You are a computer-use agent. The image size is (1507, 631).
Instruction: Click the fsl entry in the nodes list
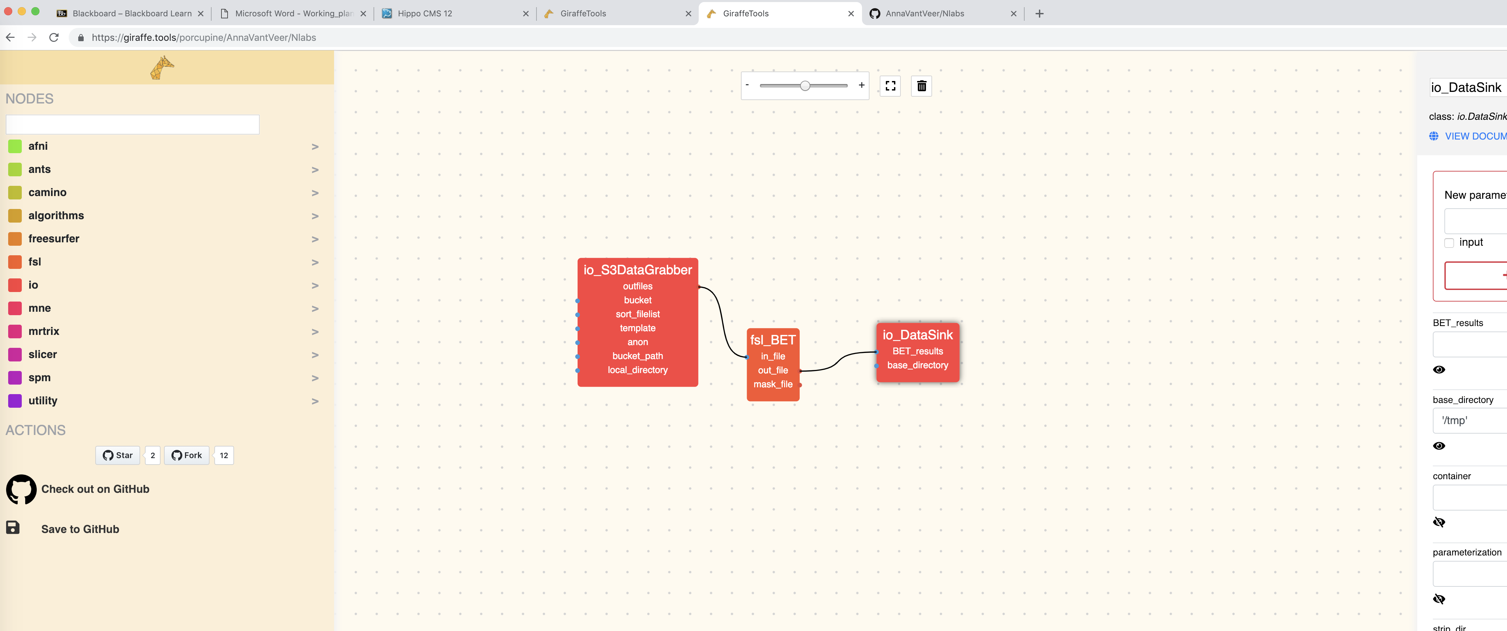(34, 262)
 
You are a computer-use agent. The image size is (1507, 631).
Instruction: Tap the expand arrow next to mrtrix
(315, 332)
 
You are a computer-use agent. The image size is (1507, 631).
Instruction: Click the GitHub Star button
(118, 455)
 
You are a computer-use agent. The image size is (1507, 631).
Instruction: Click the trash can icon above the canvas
(922, 86)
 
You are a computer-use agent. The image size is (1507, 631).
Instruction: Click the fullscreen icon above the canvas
(890, 86)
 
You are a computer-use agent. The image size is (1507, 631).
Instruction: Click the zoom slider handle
(805, 86)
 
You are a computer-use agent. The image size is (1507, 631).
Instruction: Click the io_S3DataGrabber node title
(637, 270)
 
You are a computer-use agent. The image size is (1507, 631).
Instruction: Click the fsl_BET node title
(773, 340)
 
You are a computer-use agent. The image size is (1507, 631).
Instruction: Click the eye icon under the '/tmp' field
(1439, 446)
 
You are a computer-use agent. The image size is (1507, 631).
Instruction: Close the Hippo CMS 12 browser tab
(525, 14)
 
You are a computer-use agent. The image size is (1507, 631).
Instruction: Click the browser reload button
(54, 37)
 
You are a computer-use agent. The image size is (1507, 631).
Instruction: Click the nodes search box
(132, 125)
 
